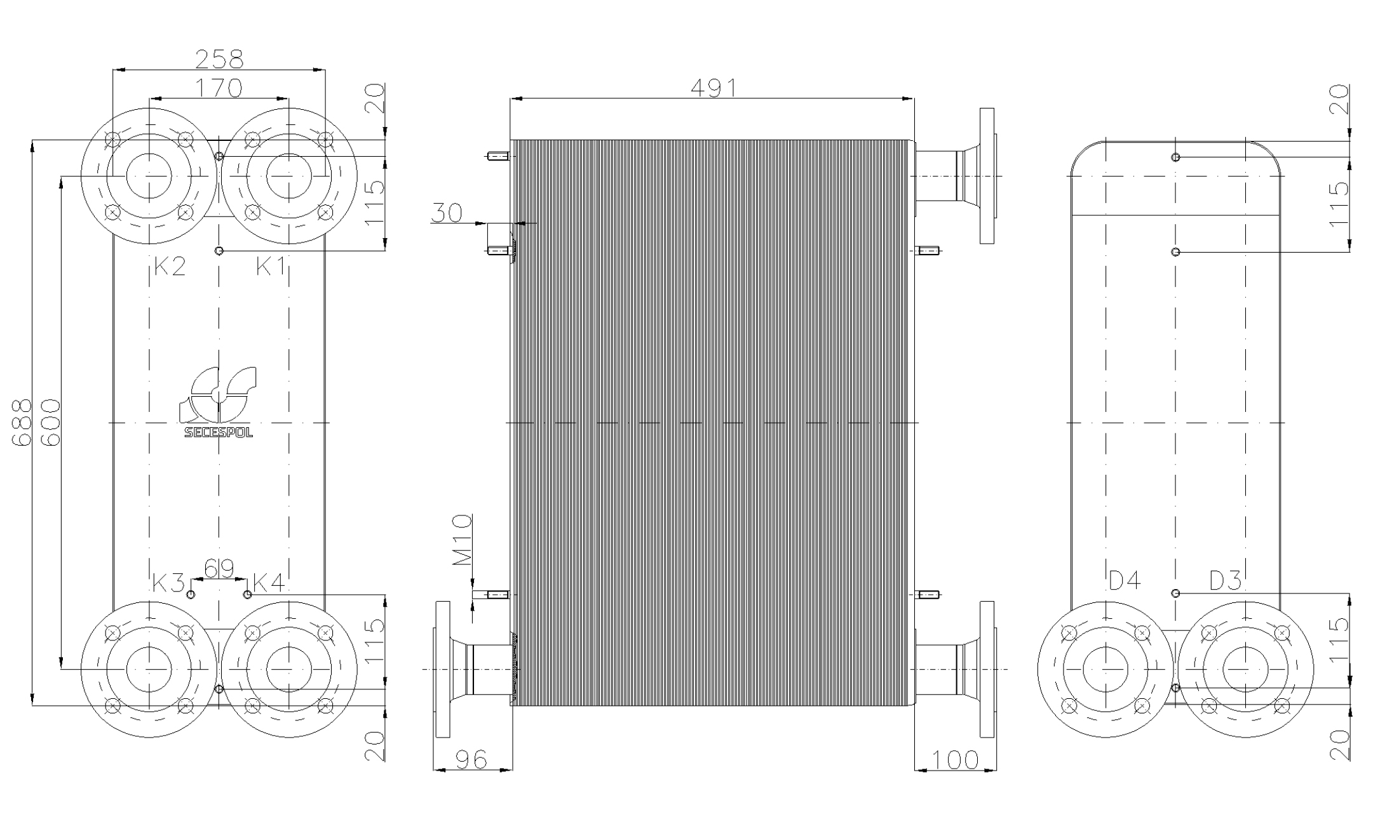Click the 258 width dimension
(x=219, y=59)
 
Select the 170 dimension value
(x=219, y=88)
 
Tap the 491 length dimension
(x=714, y=88)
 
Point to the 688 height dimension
(x=22, y=423)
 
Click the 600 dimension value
(x=50, y=423)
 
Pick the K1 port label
(x=271, y=267)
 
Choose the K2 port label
(x=170, y=267)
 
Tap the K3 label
(x=168, y=583)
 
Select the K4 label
(x=269, y=583)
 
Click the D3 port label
(x=1225, y=580)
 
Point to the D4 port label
(x=1125, y=580)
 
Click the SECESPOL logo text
(x=219, y=433)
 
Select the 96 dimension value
(x=471, y=760)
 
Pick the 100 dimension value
(x=955, y=760)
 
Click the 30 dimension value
(x=447, y=213)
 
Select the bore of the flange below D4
(x=1106, y=669)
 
